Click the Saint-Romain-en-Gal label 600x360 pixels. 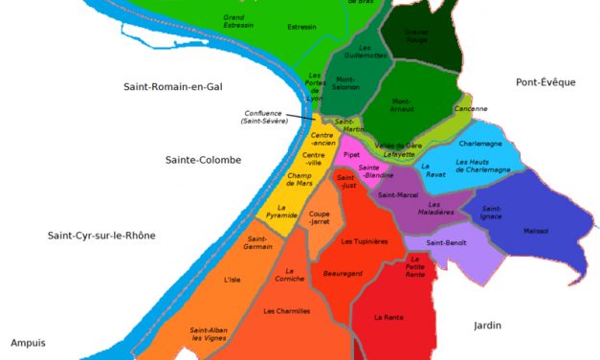click(172, 87)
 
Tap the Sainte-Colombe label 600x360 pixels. click(202, 160)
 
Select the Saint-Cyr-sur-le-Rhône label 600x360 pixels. click(101, 236)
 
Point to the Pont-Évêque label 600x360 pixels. click(544, 82)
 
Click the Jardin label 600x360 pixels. click(487, 326)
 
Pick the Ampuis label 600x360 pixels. click(28, 342)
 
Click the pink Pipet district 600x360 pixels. click(351, 153)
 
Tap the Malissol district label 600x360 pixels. click(536, 231)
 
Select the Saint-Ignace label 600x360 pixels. click(492, 213)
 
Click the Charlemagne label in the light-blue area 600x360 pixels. click(481, 144)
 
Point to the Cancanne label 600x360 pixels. click(444, 108)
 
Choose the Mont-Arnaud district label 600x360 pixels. click(402, 104)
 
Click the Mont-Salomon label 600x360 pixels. click(345, 83)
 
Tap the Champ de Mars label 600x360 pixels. click(300, 179)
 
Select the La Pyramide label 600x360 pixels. click(282, 212)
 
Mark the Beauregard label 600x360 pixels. click(343, 273)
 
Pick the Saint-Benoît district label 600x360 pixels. click(447, 242)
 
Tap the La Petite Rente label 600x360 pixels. click(415, 266)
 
